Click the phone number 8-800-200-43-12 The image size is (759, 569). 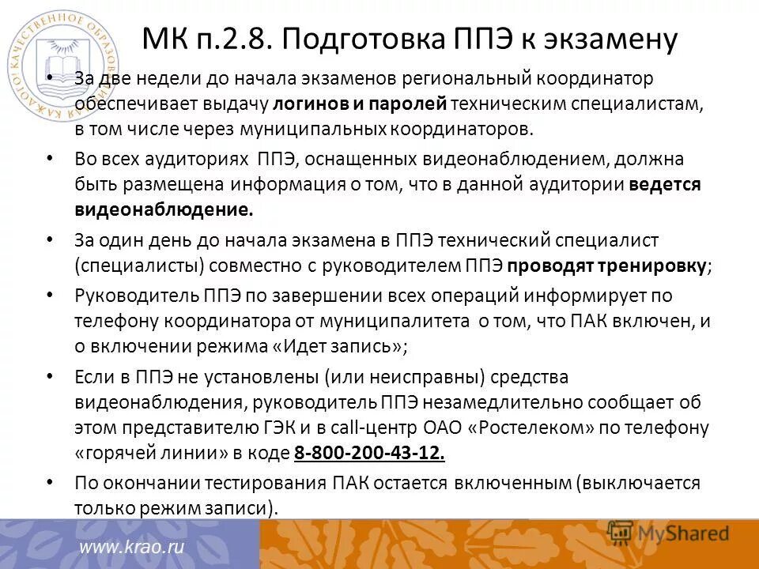pyautogui.click(x=369, y=454)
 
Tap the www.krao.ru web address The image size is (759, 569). pyautogui.click(x=131, y=547)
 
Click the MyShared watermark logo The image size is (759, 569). pyautogui.click(x=668, y=533)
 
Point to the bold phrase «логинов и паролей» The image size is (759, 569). pyautogui.click(x=361, y=104)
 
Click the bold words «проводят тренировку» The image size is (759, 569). pyautogui.click(x=607, y=265)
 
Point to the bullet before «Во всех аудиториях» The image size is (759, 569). pyautogui.click(x=51, y=158)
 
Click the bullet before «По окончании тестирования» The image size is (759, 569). pyautogui.click(x=51, y=481)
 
